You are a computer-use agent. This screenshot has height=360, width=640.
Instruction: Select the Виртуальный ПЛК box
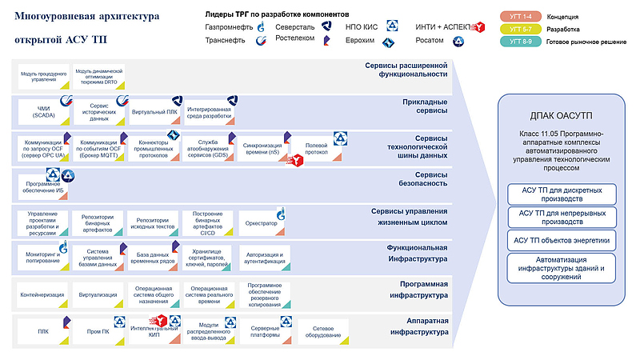point(154,111)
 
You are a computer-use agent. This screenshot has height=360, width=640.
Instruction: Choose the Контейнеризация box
point(42,294)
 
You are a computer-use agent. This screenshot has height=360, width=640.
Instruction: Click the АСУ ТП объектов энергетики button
point(561,240)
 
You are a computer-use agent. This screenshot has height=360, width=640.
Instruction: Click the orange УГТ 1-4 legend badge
point(522,16)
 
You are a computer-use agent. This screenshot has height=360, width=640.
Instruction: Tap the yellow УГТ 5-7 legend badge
point(522,28)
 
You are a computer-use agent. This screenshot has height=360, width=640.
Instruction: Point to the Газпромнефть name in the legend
point(229,26)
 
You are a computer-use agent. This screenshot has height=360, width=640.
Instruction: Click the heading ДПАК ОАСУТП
point(560,116)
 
